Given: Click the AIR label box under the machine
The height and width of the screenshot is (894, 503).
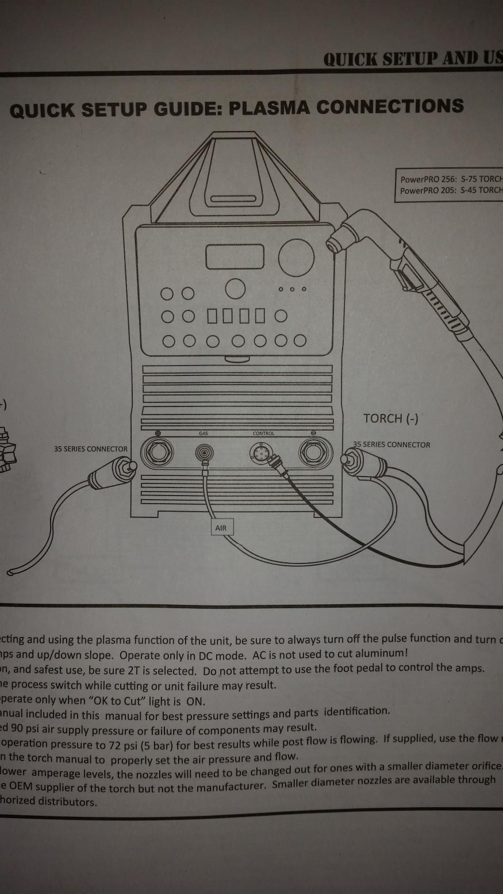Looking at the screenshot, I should click(221, 527).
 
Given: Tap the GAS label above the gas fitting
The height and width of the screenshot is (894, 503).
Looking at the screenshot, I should click(203, 433).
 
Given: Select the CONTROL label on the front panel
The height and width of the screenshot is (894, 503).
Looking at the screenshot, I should click(264, 433).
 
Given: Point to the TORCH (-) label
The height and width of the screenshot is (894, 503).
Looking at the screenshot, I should click(391, 418).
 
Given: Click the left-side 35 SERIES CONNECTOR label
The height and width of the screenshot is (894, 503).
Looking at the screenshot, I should click(91, 449).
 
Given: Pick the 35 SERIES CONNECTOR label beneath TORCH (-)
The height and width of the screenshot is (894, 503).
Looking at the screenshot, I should click(391, 444).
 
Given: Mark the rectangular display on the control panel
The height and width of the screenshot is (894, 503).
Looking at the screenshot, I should click(235, 256).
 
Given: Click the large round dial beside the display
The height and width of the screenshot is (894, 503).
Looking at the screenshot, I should click(296, 257).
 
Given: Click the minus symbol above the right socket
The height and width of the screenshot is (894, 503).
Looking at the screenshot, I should click(314, 433).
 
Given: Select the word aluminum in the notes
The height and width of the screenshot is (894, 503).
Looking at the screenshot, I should click(382, 653).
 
